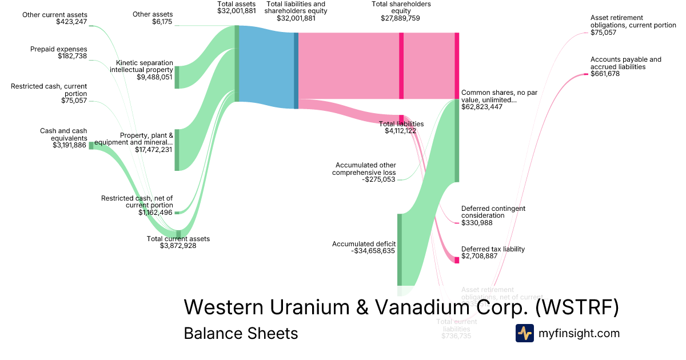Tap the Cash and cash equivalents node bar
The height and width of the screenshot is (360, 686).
[x=91, y=146]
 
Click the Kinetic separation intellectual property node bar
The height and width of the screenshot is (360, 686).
[x=177, y=77]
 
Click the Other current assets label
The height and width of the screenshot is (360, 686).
[x=55, y=14]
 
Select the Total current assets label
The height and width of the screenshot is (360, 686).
[x=178, y=239]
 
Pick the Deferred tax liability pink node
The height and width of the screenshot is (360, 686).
[x=457, y=260]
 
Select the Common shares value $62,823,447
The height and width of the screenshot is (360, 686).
[x=482, y=107]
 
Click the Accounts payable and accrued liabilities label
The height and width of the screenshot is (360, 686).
[x=625, y=63]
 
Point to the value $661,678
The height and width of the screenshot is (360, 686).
[x=605, y=74]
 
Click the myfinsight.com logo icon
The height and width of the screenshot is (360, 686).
[x=524, y=333]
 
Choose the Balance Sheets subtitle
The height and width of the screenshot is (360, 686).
[x=241, y=333]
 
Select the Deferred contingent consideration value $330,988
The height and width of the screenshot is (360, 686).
[x=477, y=223]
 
